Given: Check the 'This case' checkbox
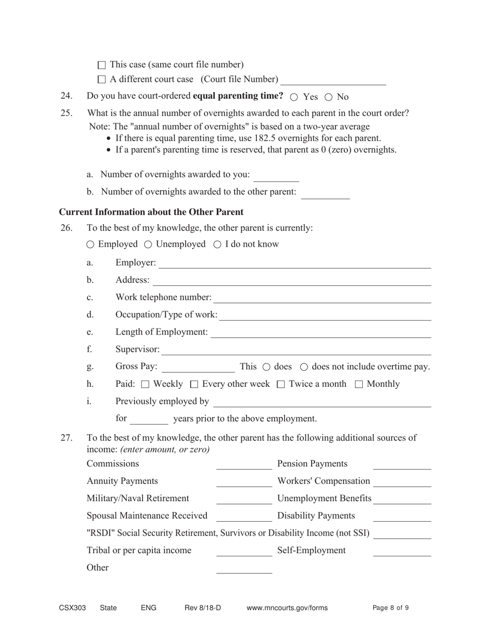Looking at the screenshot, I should (101, 65).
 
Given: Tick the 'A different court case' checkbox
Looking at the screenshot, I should (101, 80).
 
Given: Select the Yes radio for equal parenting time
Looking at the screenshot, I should (294, 97).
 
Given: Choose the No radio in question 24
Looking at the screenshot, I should (328, 97).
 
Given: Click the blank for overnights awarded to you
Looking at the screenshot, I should (276, 176).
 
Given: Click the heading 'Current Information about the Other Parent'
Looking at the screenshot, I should (151, 212).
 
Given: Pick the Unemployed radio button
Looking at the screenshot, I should (148, 244).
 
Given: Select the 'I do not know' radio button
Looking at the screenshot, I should (217, 244).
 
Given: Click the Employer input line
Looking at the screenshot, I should (295, 263).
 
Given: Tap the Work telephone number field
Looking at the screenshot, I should (322, 298).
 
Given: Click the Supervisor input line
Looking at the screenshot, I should (296, 350).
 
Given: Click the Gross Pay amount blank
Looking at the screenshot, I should (198, 367).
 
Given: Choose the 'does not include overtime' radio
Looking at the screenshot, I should (304, 367).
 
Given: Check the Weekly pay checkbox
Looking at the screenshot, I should (145, 384).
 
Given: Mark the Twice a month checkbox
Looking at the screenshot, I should (281, 384).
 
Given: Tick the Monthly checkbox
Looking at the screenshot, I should (359, 384).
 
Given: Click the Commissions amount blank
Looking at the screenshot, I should (243, 464).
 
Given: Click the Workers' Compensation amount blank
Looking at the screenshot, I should (402, 481).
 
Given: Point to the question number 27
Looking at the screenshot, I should (66, 438).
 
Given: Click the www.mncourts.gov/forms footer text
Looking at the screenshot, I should (287, 608).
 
